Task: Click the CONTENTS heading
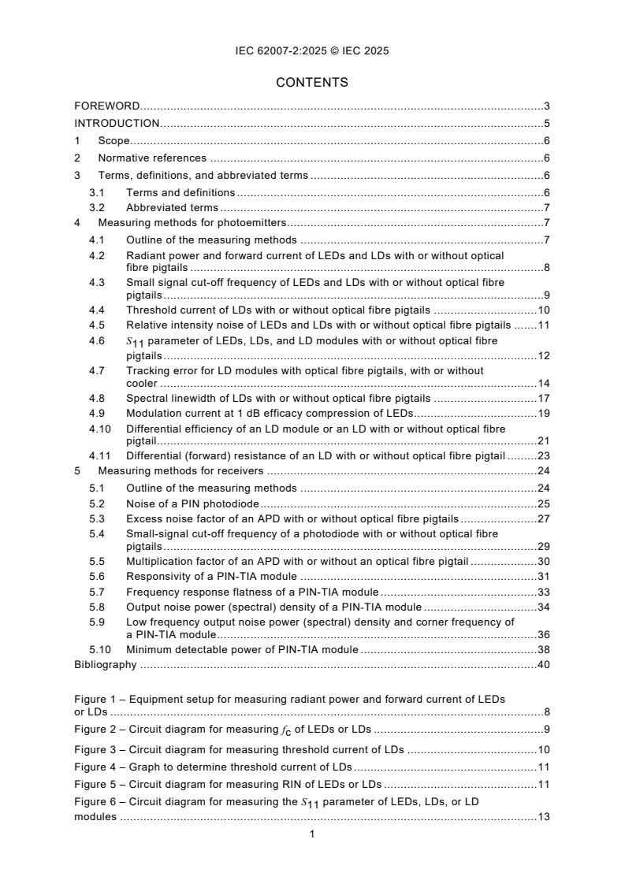point(312,82)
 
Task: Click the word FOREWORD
point(107,106)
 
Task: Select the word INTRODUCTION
point(117,123)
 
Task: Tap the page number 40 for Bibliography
point(543,664)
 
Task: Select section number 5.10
point(99,650)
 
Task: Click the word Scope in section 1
point(113,141)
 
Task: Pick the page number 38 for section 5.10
point(543,650)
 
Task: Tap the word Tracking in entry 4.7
point(147,370)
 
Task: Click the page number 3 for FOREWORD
point(546,106)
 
